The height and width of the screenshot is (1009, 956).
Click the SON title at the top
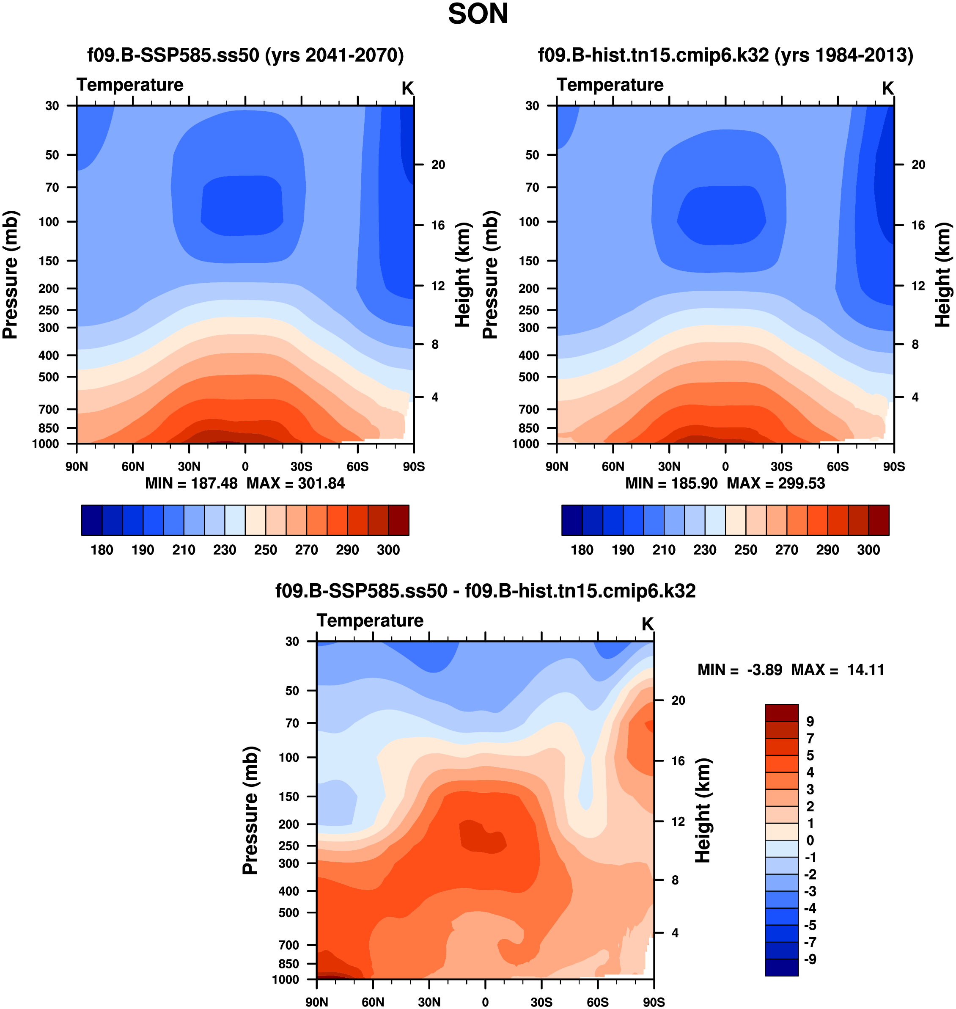478,14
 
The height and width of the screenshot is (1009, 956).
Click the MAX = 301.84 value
296,483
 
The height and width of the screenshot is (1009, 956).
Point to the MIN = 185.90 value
671,483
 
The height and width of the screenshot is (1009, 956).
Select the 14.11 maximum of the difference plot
865,670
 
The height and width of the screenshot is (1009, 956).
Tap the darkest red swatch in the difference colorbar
781,712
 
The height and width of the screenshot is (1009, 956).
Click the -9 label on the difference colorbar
810,959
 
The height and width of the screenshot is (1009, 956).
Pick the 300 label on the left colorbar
388,550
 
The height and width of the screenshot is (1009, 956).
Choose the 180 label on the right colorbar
582,550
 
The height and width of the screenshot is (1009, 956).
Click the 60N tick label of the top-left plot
133,466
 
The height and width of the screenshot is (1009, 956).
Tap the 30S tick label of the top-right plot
782,466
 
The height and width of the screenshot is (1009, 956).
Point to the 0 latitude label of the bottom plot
485,1002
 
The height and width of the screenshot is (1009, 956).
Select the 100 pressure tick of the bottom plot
289,757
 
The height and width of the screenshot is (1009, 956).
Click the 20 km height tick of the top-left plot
438,165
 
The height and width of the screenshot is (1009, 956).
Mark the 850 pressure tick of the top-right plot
528,428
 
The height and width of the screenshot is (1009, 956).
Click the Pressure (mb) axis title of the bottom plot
250,810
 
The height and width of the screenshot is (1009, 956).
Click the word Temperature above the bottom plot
370,620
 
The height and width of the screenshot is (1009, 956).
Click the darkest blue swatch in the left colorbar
92,520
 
